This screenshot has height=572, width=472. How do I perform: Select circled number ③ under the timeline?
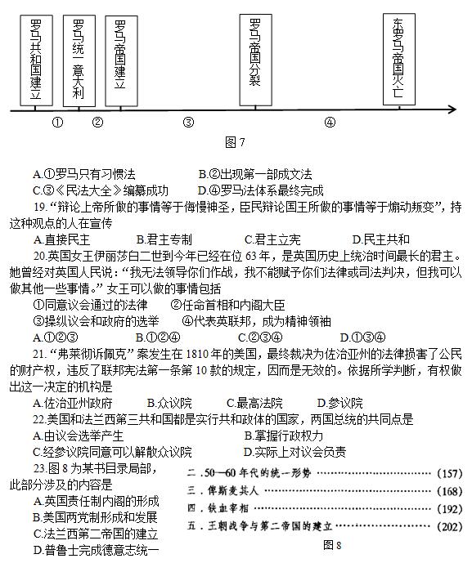(x=188, y=123)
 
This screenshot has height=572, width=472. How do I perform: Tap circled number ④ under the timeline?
(x=330, y=123)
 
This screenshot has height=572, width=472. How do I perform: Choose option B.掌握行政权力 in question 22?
(x=290, y=435)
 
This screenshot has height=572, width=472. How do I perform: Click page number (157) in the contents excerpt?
(x=449, y=474)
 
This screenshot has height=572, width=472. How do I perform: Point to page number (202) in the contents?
(x=449, y=525)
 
